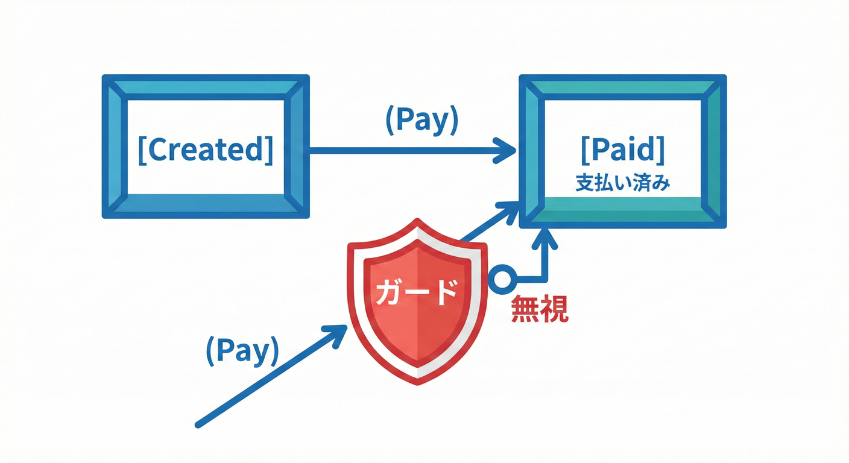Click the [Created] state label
tap(205, 150)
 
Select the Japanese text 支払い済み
tap(623, 183)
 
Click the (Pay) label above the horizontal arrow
tap(421, 121)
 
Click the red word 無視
tap(539, 309)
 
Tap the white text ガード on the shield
tap(416, 294)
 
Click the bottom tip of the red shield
tap(417, 382)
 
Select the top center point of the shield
tap(417, 222)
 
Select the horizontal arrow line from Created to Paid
tap(404, 150)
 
